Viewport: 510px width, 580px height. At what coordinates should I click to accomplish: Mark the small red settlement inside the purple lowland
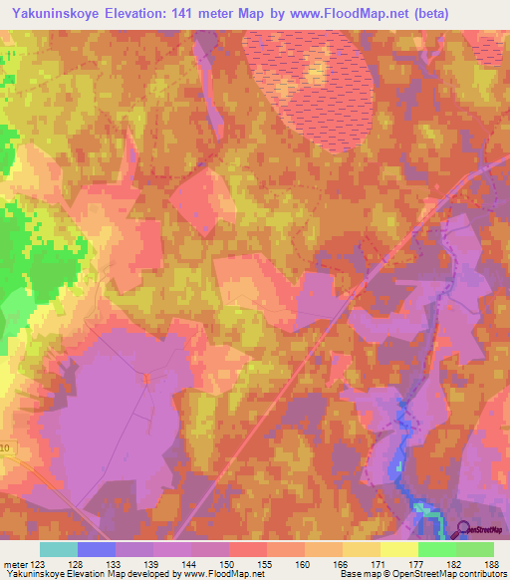[146, 378]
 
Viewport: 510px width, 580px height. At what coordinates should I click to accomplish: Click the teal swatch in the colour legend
[59, 549]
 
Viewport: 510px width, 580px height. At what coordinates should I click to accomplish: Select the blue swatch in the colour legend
[97, 549]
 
